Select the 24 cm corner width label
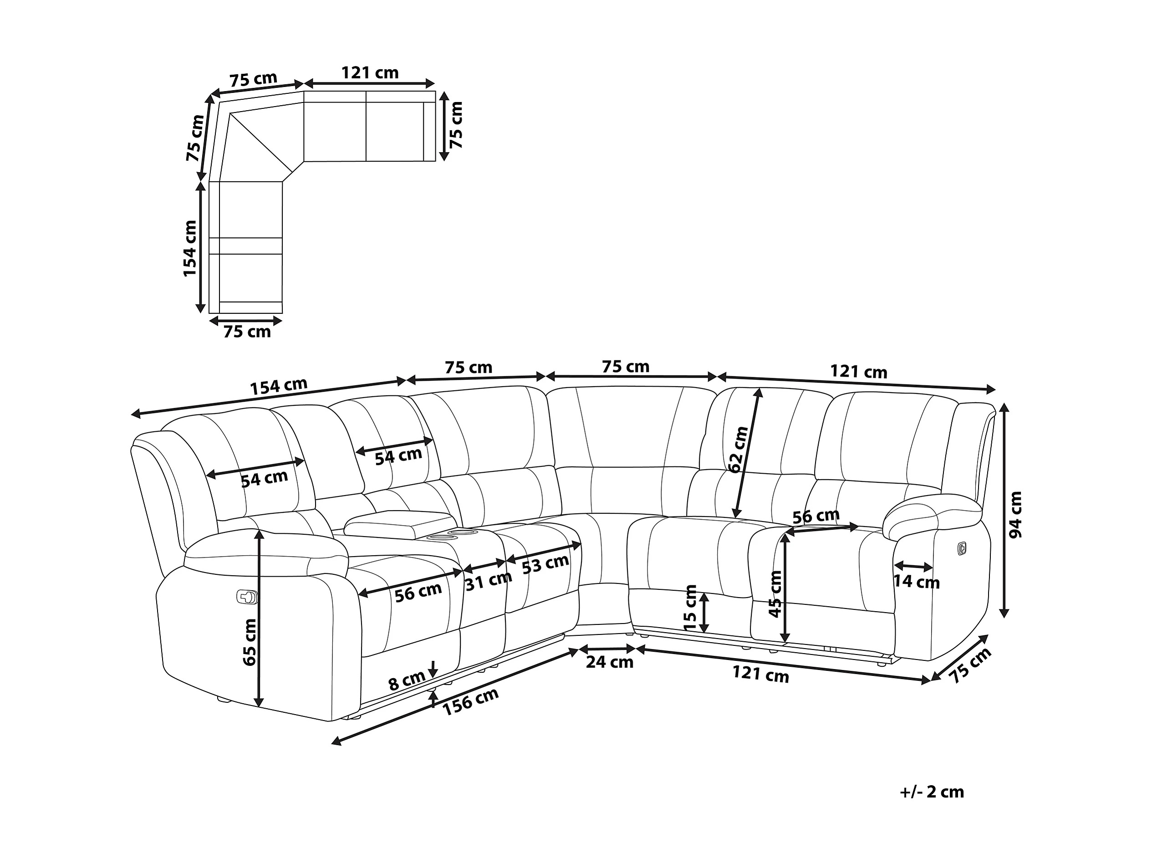[609, 662]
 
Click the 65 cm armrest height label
[250, 642]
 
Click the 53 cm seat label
[545, 564]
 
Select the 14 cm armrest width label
[917, 582]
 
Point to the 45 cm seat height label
[775, 594]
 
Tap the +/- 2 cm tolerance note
[932, 792]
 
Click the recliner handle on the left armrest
[247, 596]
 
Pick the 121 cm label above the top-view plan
[370, 72]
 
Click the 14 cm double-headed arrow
[913, 566]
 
